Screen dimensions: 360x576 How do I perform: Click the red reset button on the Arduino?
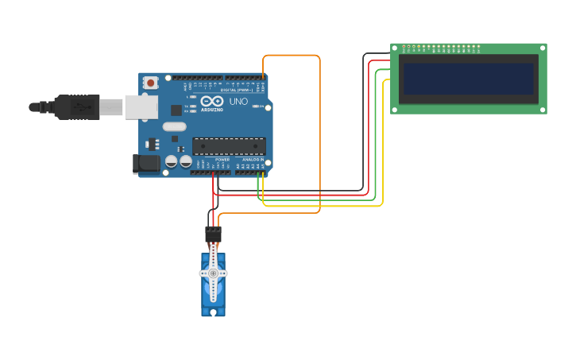click(150, 83)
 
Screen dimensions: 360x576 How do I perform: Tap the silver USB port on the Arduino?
click(141, 106)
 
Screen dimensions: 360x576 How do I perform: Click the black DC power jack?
click(144, 164)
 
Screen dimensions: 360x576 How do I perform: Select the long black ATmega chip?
click(229, 145)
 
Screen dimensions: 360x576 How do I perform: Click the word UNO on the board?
click(238, 102)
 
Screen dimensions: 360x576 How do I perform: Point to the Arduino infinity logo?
click(211, 101)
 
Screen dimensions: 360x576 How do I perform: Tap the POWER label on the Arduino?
click(222, 160)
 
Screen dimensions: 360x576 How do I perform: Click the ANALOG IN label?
click(253, 160)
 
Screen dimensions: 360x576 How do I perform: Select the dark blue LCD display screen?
click(468, 79)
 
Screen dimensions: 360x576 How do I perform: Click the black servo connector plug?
click(213, 234)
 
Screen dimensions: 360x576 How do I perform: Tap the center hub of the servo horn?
click(213, 273)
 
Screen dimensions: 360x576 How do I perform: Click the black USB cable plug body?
click(77, 106)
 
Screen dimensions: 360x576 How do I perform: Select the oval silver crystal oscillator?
click(174, 126)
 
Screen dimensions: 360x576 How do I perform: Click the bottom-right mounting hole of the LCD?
click(543, 110)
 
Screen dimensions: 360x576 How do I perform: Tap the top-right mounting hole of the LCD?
click(543, 48)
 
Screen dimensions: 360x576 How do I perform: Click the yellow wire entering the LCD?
click(387, 79)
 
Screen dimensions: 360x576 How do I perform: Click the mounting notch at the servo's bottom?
click(213, 312)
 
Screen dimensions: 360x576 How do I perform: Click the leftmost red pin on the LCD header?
click(404, 47)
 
